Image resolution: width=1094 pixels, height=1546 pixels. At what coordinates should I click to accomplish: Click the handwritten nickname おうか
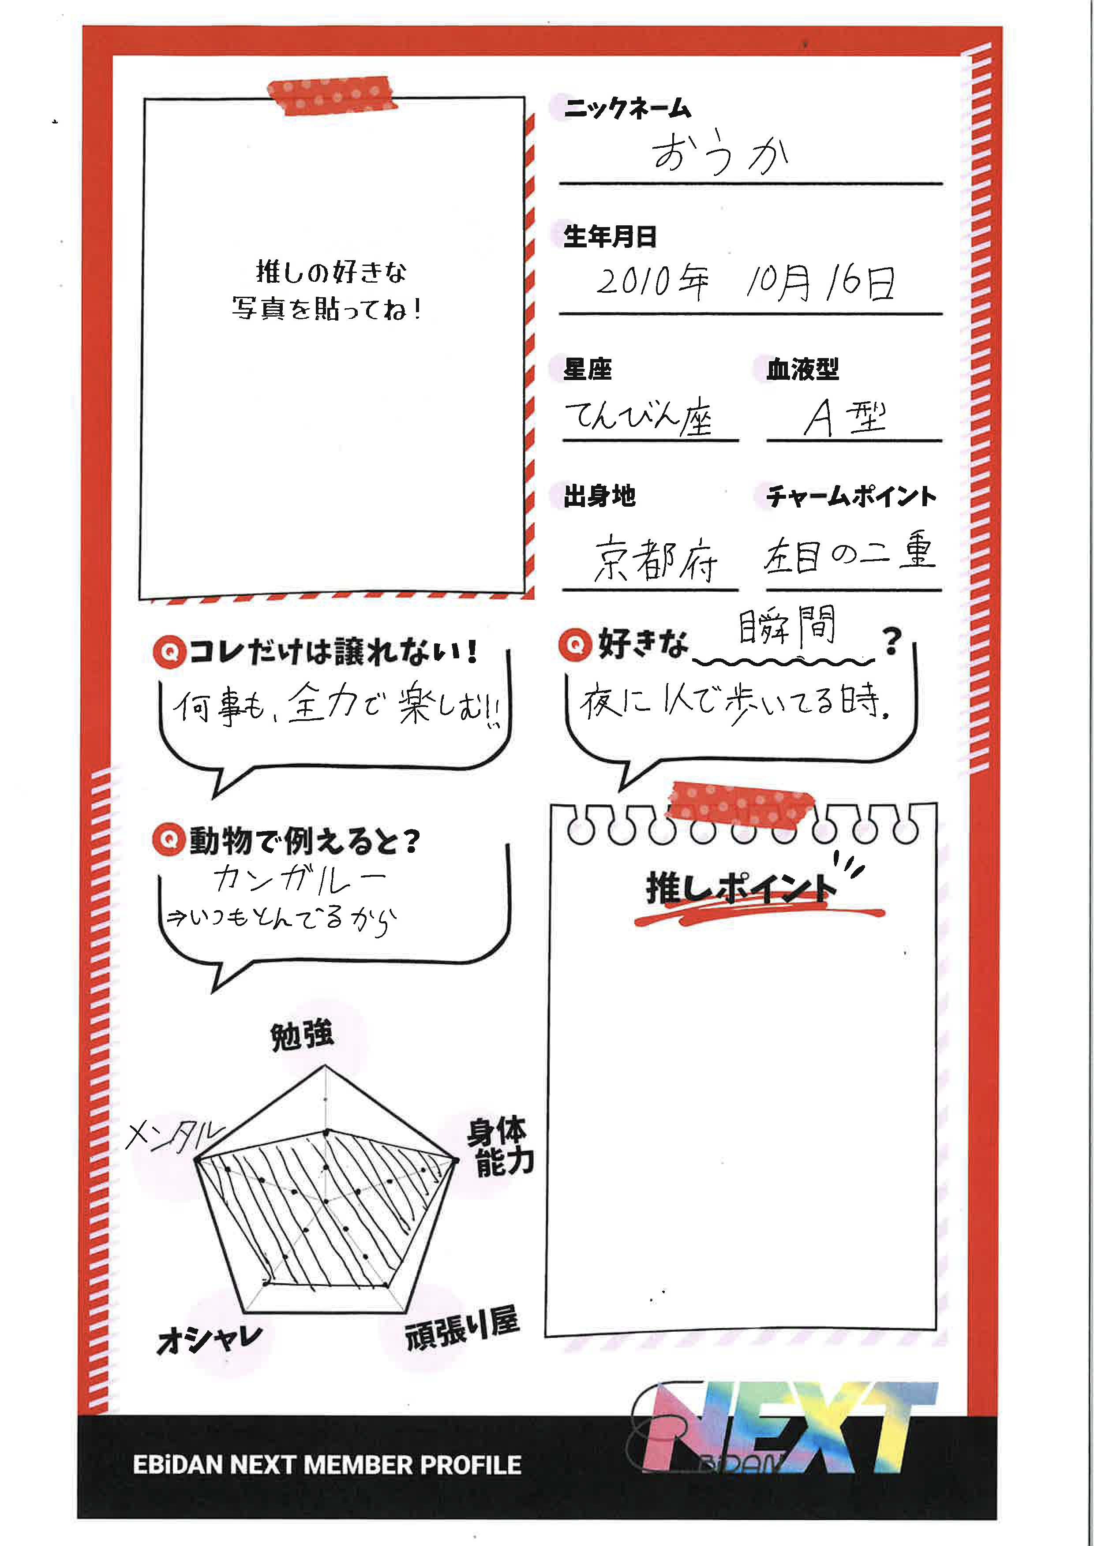[719, 153]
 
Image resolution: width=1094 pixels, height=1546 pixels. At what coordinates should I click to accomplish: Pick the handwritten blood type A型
[845, 418]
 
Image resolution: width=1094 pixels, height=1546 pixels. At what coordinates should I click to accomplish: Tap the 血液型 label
[802, 369]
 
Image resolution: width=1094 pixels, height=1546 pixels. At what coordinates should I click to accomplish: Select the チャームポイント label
[851, 496]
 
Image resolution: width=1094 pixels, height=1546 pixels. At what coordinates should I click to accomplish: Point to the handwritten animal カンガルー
[300, 878]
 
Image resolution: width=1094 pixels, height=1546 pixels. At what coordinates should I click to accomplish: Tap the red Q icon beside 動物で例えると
[169, 840]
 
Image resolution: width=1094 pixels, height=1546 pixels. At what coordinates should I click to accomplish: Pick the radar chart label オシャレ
[209, 1339]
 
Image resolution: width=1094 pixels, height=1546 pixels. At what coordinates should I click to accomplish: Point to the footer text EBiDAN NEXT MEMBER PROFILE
[327, 1465]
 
